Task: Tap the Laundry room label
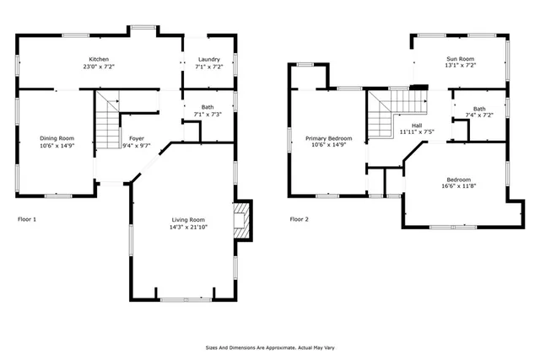(x=208, y=59)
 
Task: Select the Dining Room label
(x=57, y=138)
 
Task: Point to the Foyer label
(x=137, y=138)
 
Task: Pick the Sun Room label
(x=461, y=59)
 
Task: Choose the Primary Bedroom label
(x=328, y=138)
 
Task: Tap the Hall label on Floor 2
(x=416, y=126)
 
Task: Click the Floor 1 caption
(x=27, y=219)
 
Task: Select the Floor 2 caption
(x=300, y=219)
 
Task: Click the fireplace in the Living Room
(x=242, y=219)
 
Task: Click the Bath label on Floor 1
(x=207, y=107)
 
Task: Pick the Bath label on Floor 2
(x=478, y=108)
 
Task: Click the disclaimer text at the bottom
(x=269, y=347)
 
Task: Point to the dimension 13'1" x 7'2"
(x=461, y=67)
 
